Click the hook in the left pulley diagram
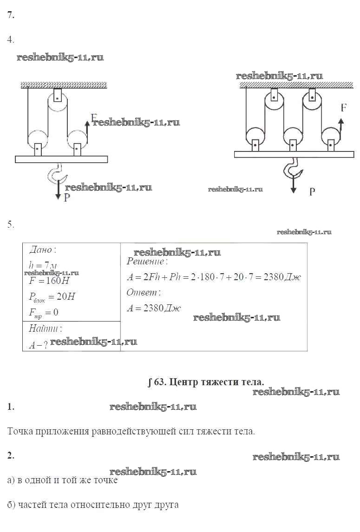[58, 174]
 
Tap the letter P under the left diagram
[67, 198]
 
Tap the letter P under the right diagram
[312, 190]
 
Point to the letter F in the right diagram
[343, 108]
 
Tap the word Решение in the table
[144, 261]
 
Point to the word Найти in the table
[45, 328]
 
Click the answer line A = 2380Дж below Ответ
[154, 308]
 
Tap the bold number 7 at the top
[10, 15]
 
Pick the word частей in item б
[33, 504]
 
